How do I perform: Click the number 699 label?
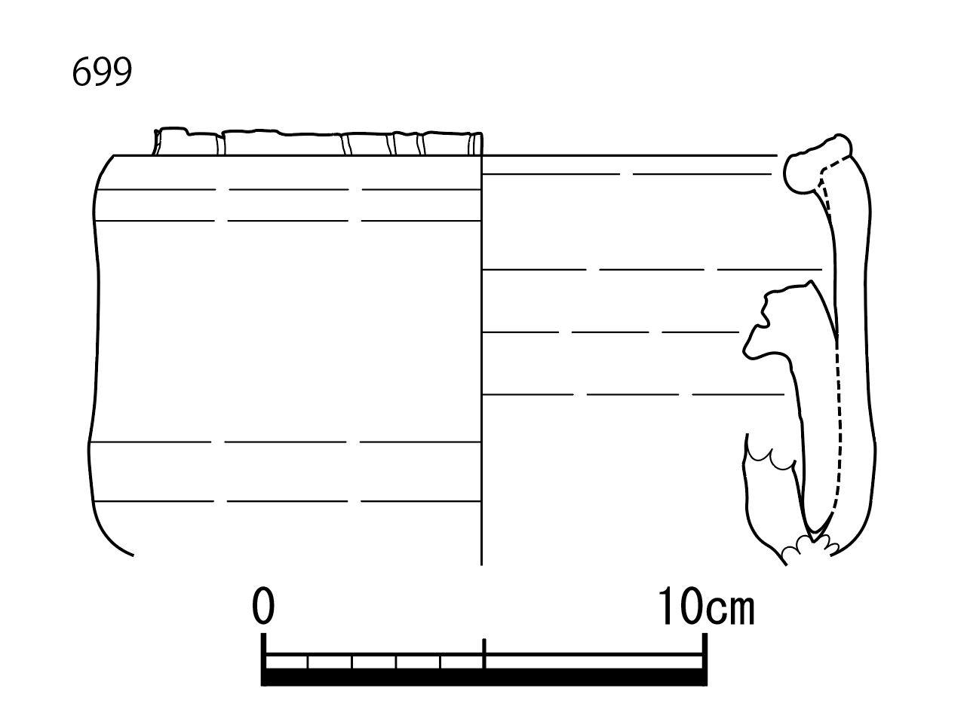tap(102, 72)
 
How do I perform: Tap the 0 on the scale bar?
tap(263, 605)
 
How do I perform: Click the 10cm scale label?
tap(706, 606)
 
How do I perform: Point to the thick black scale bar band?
tap(484, 677)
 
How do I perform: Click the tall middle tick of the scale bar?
tap(484, 653)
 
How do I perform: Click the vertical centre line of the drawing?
tap(481, 359)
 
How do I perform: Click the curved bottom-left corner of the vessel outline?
tap(106, 535)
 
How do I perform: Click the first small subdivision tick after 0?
tap(308, 662)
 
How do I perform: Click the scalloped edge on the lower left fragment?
tap(770, 459)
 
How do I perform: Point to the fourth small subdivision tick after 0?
tap(440, 662)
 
